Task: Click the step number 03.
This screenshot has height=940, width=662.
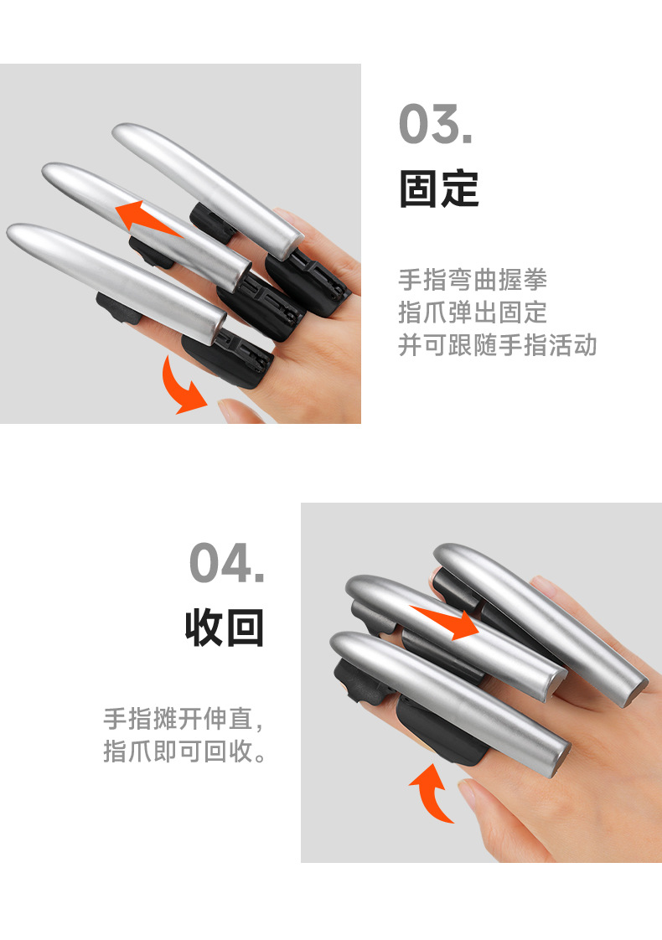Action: click(x=435, y=124)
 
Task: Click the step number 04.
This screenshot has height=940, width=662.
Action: click(x=226, y=563)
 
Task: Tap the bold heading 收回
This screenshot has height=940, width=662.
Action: click(x=225, y=628)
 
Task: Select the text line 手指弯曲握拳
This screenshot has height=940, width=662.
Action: click(x=473, y=279)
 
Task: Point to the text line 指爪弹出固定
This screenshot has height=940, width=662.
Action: click(x=473, y=312)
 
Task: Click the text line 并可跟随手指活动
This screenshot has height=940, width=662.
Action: click(x=497, y=345)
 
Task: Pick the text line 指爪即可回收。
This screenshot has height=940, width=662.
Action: click(x=185, y=751)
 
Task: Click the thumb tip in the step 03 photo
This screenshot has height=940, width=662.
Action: click(x=238, y=411)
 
